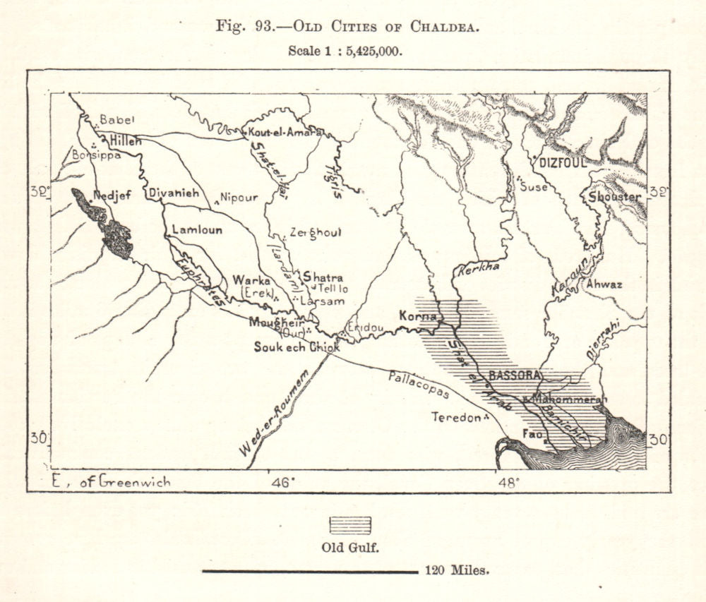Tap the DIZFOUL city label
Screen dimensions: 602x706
pos(563,162)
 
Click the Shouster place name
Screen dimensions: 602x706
pos(614,197)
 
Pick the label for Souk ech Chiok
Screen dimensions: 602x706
pos(297,347)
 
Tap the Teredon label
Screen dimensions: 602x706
pos(456,417)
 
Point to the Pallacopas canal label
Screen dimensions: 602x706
pos(418,383)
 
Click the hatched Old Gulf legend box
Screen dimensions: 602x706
pos(349,525)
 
